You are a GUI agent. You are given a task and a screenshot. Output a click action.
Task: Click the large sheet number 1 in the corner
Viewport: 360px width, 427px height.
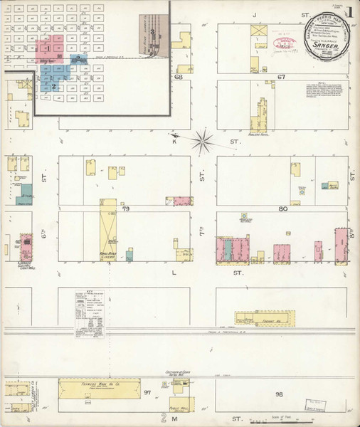(x=350, y=12)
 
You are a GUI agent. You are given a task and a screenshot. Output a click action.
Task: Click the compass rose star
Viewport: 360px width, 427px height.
(x=203, y=138)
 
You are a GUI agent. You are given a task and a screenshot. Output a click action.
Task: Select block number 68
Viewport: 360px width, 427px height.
(x=179, y=76)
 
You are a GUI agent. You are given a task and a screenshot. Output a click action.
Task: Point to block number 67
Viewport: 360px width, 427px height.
(x=281, y=76)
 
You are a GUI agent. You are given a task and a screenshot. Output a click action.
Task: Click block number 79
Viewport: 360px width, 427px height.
(x=125, y=209)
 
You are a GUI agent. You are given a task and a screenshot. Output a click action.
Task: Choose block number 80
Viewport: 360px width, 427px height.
(x=282, y=209)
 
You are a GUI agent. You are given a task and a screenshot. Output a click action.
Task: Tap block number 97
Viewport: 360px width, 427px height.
(x=147, y=392)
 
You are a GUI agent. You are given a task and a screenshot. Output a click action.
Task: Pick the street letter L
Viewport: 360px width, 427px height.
(x=174, y=271)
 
